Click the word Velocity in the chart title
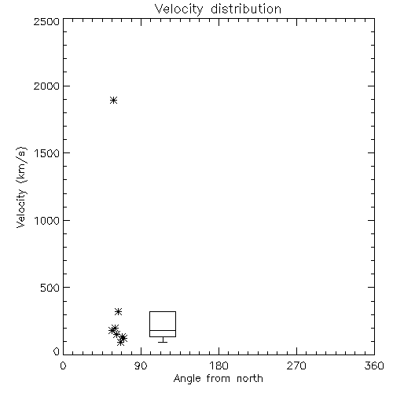click(x=178, y=9)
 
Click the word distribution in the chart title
click(x=246, y=9)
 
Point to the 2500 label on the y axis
click(x=46, y=21)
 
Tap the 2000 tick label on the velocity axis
click(x=46, y=86)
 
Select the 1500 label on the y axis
click(x=47, y=153)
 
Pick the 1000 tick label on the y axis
click(x=47, y=221)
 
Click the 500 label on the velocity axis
click(x=50, y=288)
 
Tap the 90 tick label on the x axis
click(x=141, y=365)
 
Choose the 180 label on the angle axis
click(x=219, y=365)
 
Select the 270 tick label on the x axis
click(x=296, y=365)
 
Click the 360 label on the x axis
click(x=374, y=365)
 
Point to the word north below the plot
click(x=250, y=379)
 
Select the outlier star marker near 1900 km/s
click(x=113, y=100)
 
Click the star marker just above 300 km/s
click(x=119, y=311)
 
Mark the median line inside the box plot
click(x=163, y=330)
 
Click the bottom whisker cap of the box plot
click(x=163, y=342)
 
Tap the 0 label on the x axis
click(x=63, y=365)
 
